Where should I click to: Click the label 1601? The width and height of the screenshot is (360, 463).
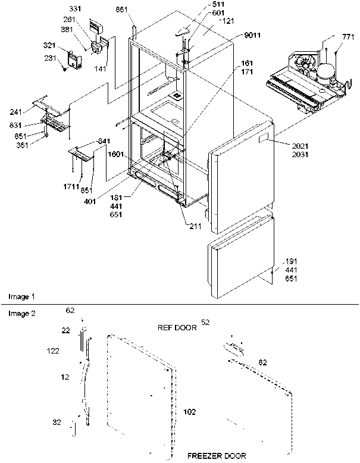pyautogui.click(x=116, y=154)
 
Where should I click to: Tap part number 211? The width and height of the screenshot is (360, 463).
pyautogui.click(x=196, y=226)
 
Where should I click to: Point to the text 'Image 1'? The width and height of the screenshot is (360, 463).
pyautogui.click(x=21, y=296)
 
